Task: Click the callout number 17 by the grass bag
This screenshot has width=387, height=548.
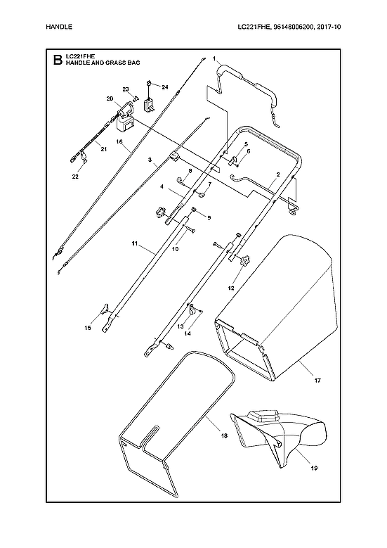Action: pos(317,381)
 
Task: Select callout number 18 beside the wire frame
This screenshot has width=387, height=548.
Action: pos(223,437)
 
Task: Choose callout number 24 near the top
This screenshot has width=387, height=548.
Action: pos(165,87)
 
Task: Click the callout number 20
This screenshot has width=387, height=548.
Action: pos(110,98)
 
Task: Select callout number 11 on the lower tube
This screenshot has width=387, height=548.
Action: pos(134,243)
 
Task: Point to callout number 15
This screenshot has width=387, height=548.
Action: pos(88,327)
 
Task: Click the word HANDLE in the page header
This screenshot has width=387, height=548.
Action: pos(58,27)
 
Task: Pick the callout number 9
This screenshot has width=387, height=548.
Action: pos(208,217)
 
